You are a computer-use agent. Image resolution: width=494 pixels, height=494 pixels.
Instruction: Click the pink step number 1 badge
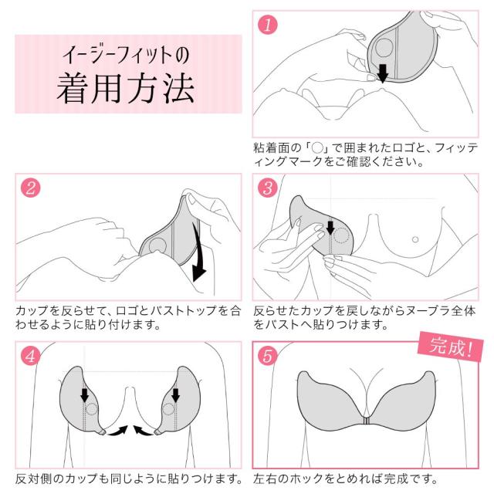point(268,25)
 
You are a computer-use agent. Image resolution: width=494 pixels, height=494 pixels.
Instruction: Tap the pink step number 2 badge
point(31,188)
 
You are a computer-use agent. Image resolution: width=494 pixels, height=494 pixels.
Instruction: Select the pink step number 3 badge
point(268,188)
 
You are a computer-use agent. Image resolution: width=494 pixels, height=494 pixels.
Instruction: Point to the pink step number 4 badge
point(31,356)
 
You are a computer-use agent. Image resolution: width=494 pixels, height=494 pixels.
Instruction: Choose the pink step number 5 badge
point(268,356)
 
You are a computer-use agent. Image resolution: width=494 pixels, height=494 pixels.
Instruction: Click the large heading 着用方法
point(125,88)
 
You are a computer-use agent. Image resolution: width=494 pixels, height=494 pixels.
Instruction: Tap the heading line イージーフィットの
point(126,55)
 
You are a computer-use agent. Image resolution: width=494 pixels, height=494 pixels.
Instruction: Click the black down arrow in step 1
point(383,73)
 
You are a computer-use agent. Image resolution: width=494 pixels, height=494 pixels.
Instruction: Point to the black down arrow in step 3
point(330,228)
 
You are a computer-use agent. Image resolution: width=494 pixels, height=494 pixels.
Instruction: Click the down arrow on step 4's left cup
point(84,395)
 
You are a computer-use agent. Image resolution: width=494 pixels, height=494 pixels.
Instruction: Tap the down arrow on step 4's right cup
point(175,395)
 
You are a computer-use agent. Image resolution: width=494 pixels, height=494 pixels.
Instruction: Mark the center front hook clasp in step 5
point(367,421)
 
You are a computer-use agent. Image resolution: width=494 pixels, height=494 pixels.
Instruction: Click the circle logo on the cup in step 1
point(384,48)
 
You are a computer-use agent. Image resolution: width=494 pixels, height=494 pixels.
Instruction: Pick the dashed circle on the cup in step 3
point(341,235)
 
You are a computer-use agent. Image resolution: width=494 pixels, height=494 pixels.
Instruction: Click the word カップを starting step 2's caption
point(38,311)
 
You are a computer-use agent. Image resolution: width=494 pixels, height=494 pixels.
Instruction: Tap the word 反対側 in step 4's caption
point(32,479)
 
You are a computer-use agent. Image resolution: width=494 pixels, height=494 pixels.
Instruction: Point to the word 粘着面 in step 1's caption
point(269,147)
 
